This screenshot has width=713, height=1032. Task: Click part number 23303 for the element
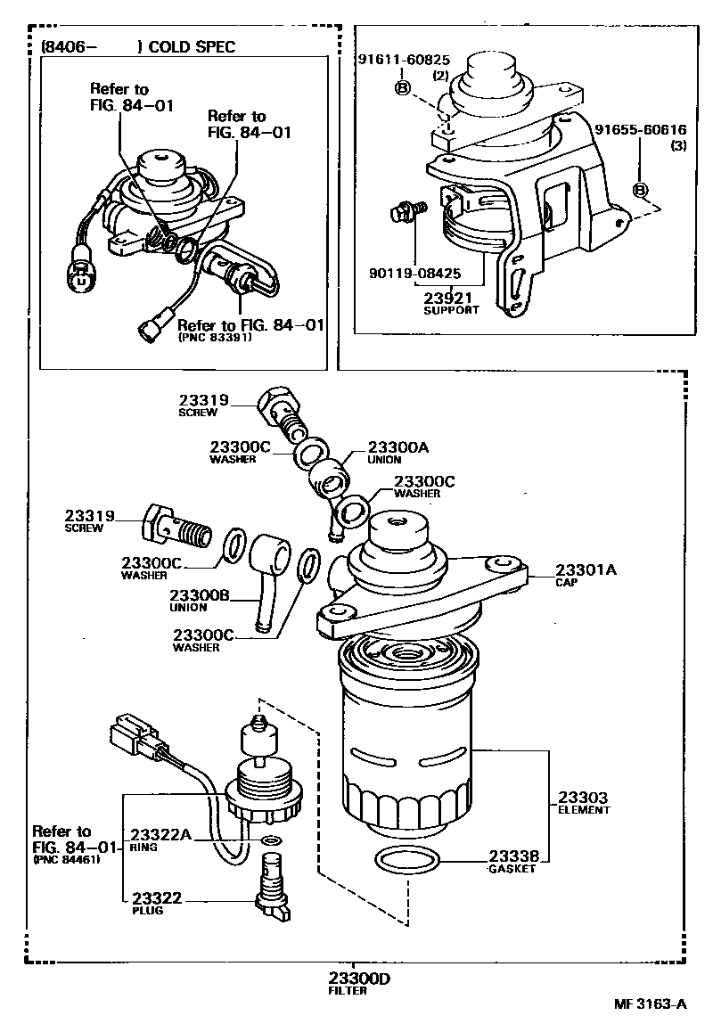[583, 797]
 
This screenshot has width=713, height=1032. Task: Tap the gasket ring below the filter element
[406, 861]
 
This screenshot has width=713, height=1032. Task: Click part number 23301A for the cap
[586, 569]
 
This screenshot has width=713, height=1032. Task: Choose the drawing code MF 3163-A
[650, 1004]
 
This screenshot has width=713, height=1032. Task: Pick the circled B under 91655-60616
[639, 189]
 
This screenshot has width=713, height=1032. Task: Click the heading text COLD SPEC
[192, 47]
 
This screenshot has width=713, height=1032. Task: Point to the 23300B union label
[201, 595]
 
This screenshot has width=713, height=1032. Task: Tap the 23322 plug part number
[157, 898]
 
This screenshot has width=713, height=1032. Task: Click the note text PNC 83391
[215, 339]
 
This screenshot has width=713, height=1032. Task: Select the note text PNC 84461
[66, 860]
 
